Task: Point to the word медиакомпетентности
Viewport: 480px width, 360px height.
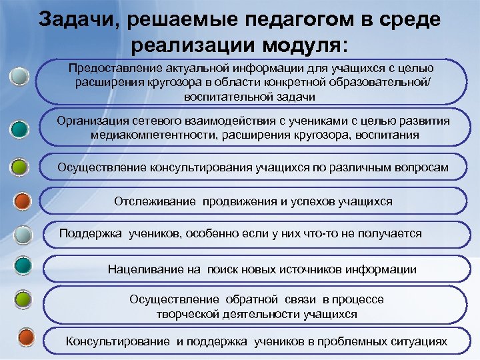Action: point(150,135)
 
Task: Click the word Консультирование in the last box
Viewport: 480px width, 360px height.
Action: point(118,341)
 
